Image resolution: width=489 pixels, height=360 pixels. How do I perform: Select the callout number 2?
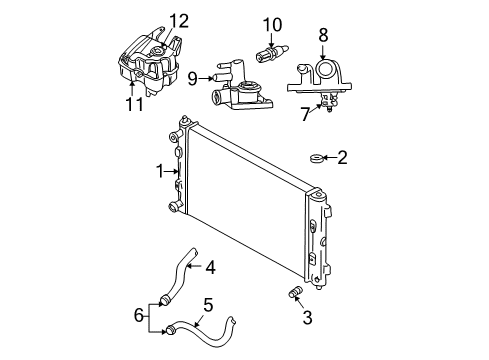(x=343, y=156)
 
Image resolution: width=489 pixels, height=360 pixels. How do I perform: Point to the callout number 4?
(x=211, y=267)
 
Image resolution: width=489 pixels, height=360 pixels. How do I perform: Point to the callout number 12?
(x=178, y=19)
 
